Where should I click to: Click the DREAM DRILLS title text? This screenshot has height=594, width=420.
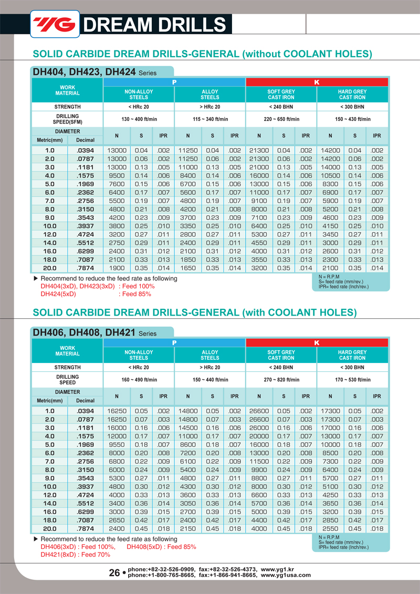(155, 25)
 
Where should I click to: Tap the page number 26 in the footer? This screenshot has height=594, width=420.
(114, 573)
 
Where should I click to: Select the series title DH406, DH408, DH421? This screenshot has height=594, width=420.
(85, 332)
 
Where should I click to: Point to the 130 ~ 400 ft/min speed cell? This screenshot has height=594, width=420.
(139, 119)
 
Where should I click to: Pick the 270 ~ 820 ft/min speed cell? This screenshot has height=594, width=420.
(281, 380)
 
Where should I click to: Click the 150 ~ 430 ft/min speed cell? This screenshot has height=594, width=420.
(352, 119)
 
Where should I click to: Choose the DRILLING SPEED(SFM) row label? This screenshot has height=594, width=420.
(67, 119)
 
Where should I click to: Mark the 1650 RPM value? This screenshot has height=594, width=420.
(187, 268)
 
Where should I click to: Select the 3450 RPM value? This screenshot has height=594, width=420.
(330, 234)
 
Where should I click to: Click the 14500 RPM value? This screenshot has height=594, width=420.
(187, 428)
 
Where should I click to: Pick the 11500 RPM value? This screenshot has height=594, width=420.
(259, 461)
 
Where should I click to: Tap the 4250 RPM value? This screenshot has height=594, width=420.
(330, 495)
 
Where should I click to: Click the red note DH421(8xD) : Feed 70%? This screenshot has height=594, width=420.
(75, 554)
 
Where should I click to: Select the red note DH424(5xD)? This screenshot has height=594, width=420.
(58, 294)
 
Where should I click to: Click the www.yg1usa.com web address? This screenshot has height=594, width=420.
(286, 575)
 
